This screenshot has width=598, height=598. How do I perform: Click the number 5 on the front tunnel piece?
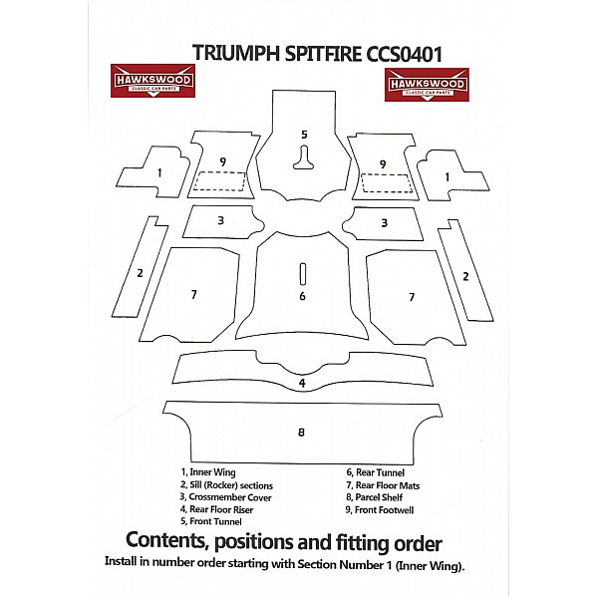(x=304, y=134)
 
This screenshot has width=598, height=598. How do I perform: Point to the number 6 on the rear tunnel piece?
(x=302, y=296)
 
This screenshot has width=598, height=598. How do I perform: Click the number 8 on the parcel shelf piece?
(x=300, y=433)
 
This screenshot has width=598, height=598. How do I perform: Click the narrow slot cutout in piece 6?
(x=302, y=272)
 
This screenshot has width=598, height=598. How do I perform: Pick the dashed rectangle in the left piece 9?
(x=220, y=181)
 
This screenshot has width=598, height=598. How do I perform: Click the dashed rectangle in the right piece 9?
(x=387, y=182)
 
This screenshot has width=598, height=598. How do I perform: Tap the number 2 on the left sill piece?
(x=141, y=273)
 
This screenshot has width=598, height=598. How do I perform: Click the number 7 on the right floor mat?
(x=411, y=296)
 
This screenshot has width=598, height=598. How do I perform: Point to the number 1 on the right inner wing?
(x=448, y=177)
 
